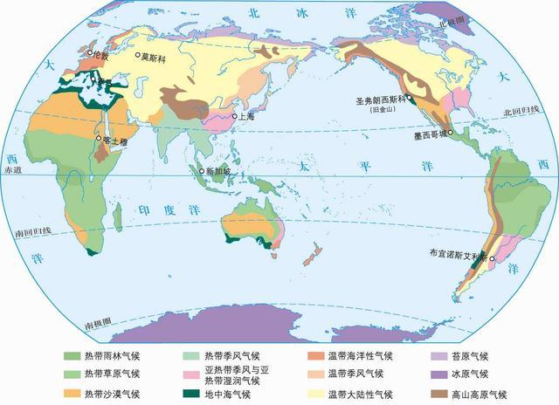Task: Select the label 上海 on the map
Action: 246,115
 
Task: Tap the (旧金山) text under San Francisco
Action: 385,109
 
